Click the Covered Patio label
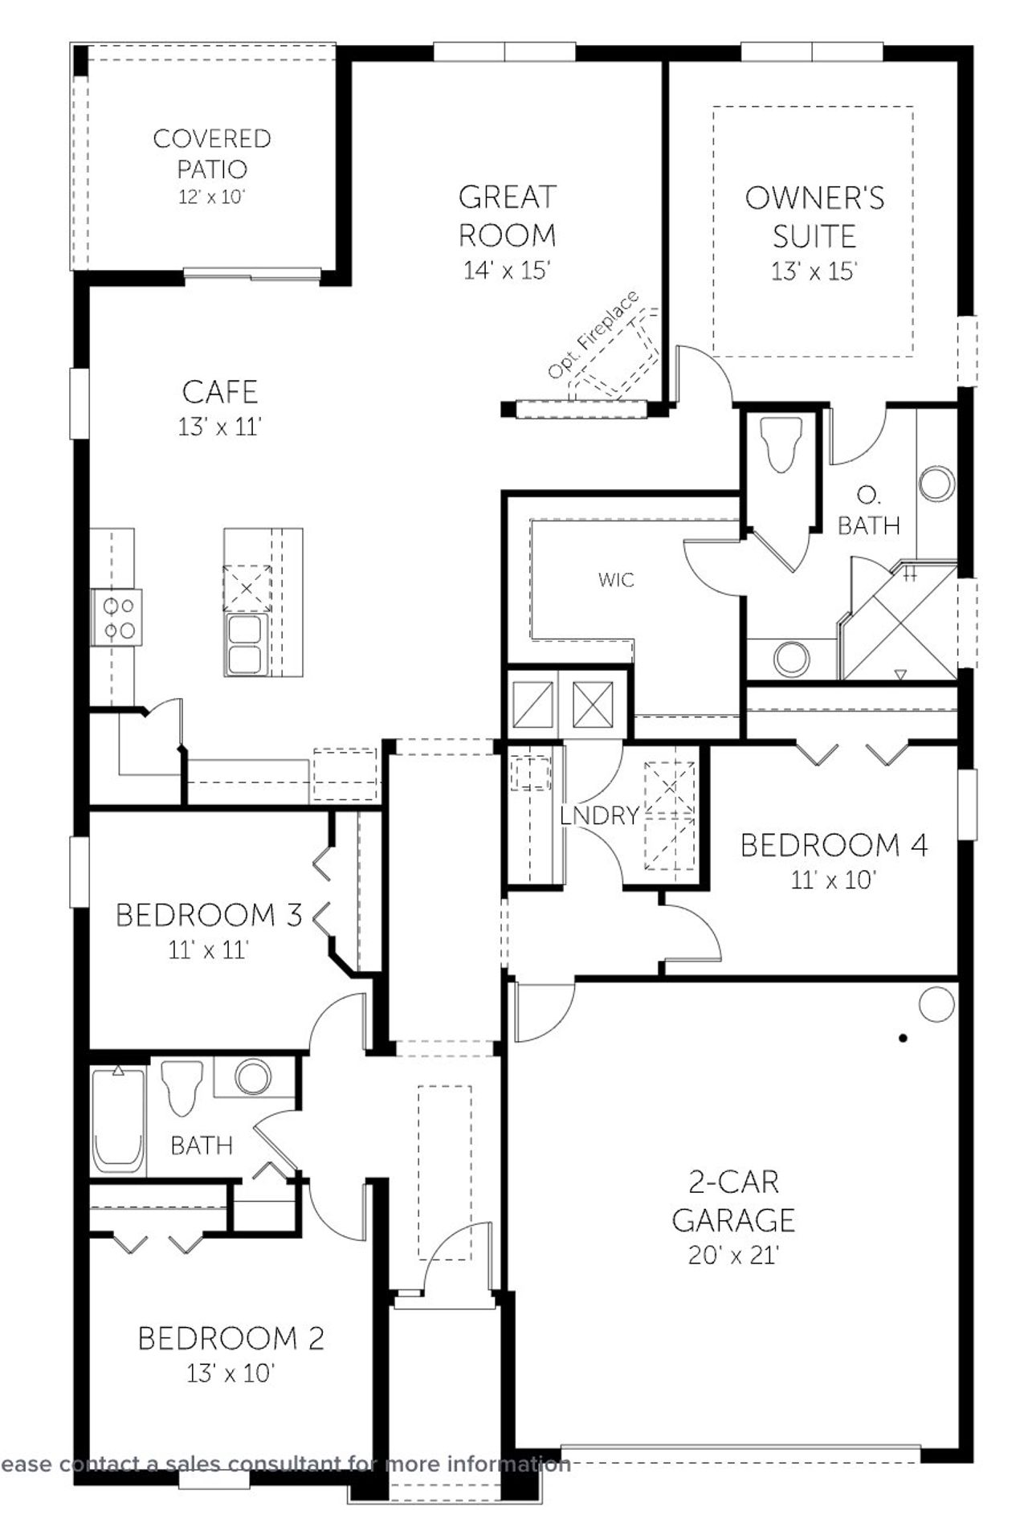tap(212, 153)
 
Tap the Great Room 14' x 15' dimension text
tap(507, 271)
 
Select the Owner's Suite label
tap(814, 217)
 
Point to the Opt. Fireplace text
tap(594, 335)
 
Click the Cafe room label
tap(220, 392)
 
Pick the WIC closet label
tap(616, 579)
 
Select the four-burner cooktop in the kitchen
tap(118, 617)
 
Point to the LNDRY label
tap(599, 816)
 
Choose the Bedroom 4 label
tap(834, 845)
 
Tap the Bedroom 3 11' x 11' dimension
tap(209, 950)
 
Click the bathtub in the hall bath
tap(118, 1121)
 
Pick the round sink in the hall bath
tap(252, 1076)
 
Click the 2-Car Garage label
tap(733, 1200)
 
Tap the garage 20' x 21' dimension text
tap(733, 1255)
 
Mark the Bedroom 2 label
tap(231, 1338)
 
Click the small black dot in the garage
tap(903, 1038)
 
